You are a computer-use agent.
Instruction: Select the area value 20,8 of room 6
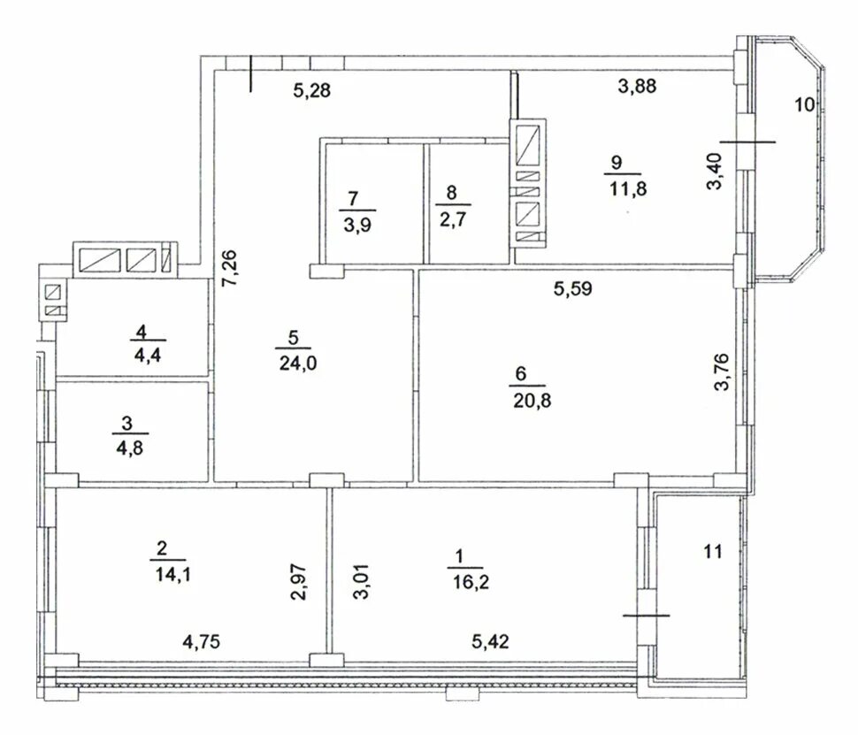(529, 401)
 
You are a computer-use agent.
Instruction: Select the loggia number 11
(713, 553)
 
